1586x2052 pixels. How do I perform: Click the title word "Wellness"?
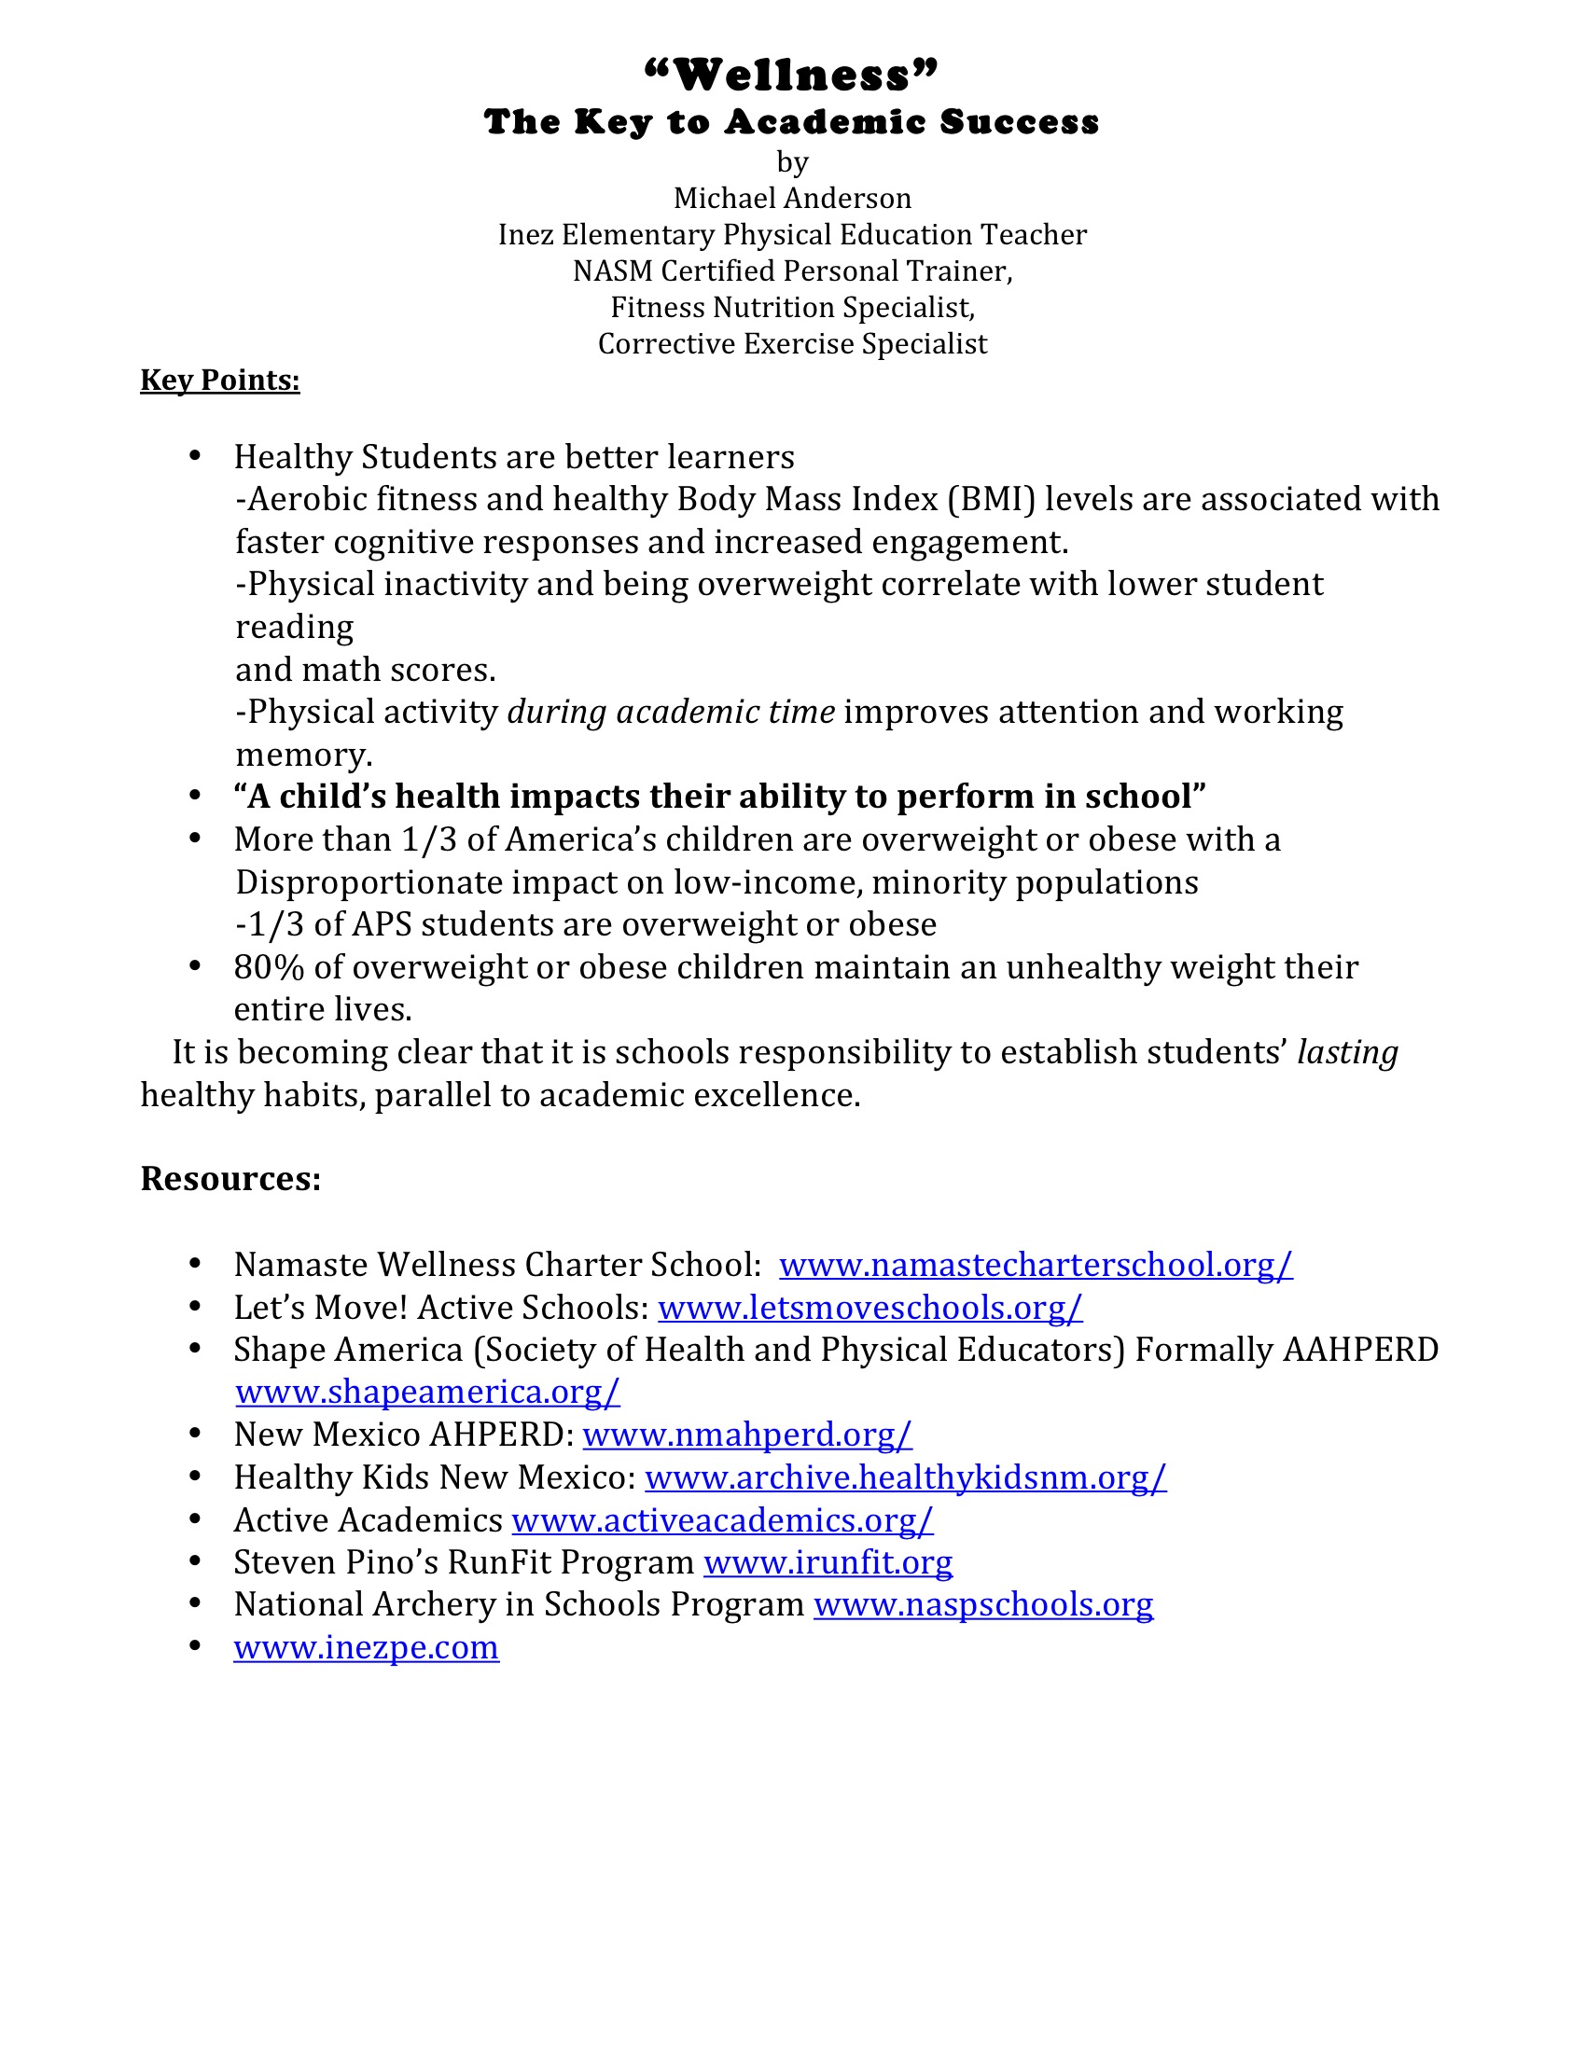pos(792,76)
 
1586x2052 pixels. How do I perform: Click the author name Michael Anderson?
pos(792,199)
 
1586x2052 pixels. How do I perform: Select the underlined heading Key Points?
pos(220,380)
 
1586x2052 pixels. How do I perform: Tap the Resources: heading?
pos(230,1178)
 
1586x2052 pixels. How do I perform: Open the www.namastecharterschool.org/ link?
pos(1036,1265)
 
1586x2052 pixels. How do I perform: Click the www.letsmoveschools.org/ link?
pos(870,1308)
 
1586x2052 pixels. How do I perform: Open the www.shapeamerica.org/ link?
pos(427,1392)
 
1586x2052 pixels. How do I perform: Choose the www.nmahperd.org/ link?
pos(747,1435)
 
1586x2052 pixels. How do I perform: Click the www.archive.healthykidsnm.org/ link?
pos(905,1478)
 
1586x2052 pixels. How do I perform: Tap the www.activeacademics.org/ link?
pos(721,1520)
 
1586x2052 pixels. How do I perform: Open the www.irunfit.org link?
pos(828,1562)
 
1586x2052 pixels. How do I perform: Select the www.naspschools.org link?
pos(982,1605)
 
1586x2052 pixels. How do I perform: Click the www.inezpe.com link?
pos(367,1648)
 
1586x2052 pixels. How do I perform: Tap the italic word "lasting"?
pos(1347,1052)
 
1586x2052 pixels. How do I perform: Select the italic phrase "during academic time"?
pos(671,713)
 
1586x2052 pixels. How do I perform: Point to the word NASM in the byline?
pos(613,271)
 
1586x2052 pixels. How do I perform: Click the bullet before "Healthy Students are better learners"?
pos(195,457)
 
